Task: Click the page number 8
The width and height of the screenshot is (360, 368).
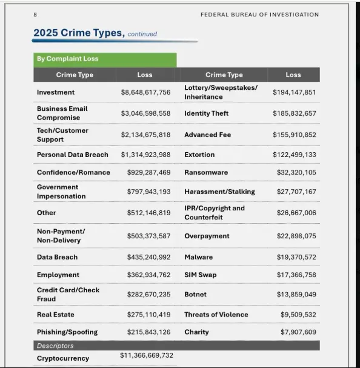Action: tap(35, 15)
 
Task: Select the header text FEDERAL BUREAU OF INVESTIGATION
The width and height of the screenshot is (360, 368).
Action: tap(259, 15)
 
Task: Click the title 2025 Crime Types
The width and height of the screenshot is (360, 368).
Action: tap(79, 33)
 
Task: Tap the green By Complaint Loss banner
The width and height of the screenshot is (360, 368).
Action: tap(105, 59)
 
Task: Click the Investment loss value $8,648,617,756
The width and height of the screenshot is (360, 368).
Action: tap(145, 92)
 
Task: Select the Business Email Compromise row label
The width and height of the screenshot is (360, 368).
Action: tap(62, 113)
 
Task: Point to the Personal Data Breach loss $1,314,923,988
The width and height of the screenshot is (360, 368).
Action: tap(145, 155)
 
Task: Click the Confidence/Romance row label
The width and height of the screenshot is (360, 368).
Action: tap(73, 172)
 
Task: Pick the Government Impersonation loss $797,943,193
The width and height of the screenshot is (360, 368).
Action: tap(148, 192)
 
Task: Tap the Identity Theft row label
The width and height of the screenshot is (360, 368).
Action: tap(207, 113)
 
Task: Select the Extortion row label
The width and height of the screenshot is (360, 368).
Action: tap(199, 155)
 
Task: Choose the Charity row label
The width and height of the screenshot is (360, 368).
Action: tap(196, 332)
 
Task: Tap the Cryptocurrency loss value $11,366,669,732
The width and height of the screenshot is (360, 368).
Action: tap(147, 355)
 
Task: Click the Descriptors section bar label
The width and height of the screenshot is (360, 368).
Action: tap(55, 346)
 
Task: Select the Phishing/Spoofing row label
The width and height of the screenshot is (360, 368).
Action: tap(67, 332)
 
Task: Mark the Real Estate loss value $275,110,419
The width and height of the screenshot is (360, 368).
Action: tap(148, 315)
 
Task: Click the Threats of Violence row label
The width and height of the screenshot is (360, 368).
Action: tap(216, 315)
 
